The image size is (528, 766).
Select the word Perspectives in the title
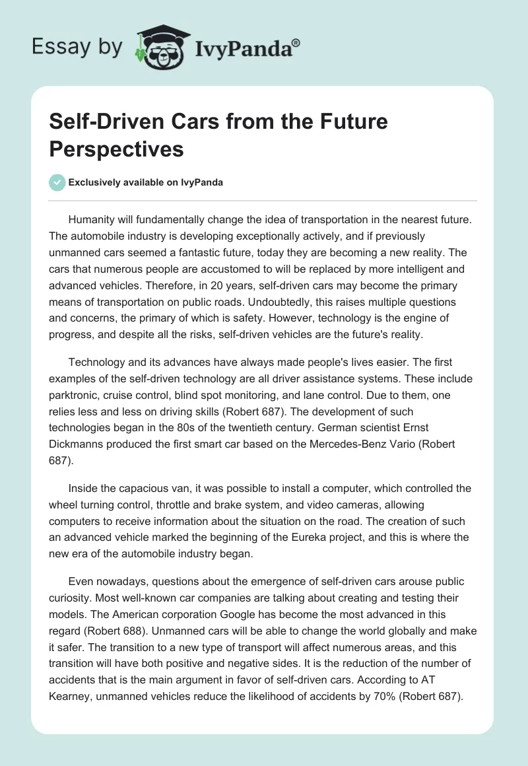click(x=116, y=149)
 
